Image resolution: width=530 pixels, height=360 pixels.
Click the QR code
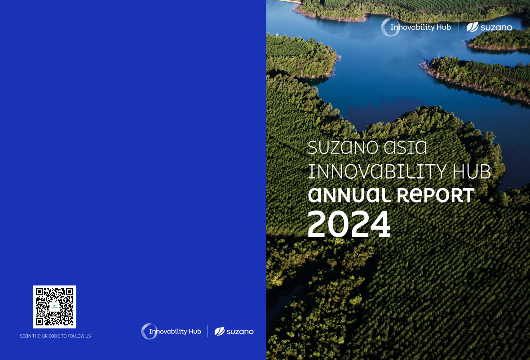[x=54, y=307]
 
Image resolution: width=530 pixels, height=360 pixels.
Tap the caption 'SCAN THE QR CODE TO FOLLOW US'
[x=55, y=336]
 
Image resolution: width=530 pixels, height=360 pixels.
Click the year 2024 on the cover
[x=349, y=224]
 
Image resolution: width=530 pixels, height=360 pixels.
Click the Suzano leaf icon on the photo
[x=472, y=27]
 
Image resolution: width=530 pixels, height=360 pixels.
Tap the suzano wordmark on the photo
[x=496, y=28]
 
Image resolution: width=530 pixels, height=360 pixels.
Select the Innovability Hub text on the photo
[x=420, y=27]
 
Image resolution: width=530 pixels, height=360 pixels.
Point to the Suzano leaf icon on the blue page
[x=219, y=331]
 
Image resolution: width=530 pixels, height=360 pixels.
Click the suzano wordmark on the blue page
[x=240, y=332]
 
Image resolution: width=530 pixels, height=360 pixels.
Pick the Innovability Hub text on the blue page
[x=175, y=332]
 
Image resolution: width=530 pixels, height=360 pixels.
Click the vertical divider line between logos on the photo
[x=459, y=27]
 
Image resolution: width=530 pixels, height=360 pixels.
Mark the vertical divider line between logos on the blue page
[x=208, y=331]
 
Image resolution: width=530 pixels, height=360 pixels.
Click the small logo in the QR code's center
[x=54, y=307]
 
